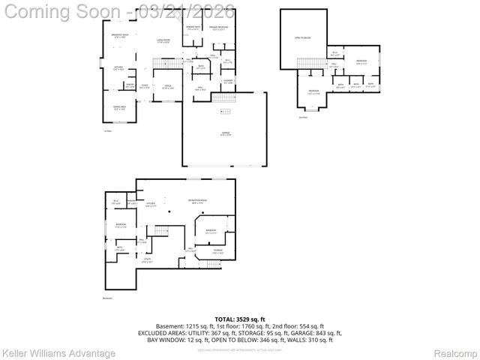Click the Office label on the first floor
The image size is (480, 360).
[168, 86]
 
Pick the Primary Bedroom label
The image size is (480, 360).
[219, 29]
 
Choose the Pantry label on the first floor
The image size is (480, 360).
[130, 85]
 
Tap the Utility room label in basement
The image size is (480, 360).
[147, 262]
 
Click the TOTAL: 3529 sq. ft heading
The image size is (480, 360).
[240, 319]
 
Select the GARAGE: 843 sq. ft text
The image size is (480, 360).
[319, 333]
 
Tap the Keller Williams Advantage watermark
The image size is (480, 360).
[59, 352]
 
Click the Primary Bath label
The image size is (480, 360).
[193, 29]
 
